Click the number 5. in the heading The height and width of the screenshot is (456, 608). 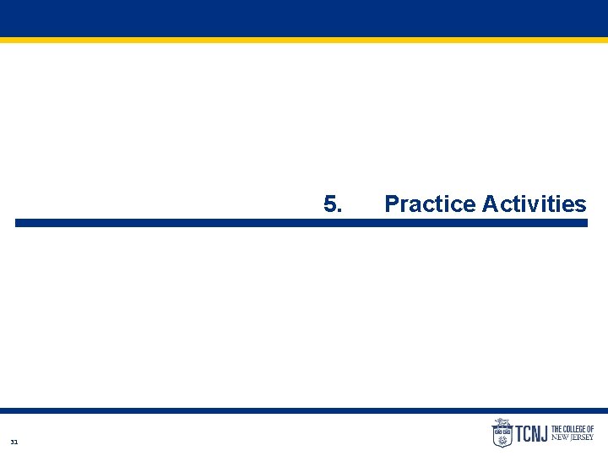click(332, 204)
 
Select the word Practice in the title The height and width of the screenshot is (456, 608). click(430, 204)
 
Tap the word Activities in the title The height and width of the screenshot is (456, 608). click(534, 204)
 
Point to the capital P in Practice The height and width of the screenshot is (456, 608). click(392, 204)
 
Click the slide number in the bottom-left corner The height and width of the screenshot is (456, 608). click(14, 442)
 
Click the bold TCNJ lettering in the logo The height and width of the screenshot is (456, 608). click(531, 434)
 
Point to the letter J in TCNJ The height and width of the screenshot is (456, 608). click(544, 434)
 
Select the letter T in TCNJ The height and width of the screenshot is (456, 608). click(519, 434)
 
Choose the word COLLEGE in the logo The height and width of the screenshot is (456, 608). click(575, 429)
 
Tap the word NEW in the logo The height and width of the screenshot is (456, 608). click(560, 437)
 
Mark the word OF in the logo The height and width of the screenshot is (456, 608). click(590, 429)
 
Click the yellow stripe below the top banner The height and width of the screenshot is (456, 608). click(304, 39)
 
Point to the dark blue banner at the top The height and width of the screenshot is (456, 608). click(304, 18)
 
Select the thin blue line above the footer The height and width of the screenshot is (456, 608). click(304, 410)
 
